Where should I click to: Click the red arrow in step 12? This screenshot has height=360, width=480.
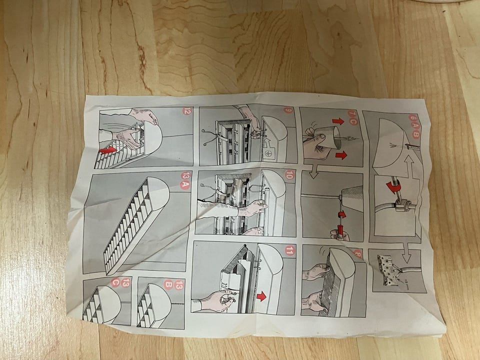[105, 149]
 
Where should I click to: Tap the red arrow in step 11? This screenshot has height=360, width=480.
[261, 296]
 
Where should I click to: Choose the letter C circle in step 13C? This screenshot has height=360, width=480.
[116, 282]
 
